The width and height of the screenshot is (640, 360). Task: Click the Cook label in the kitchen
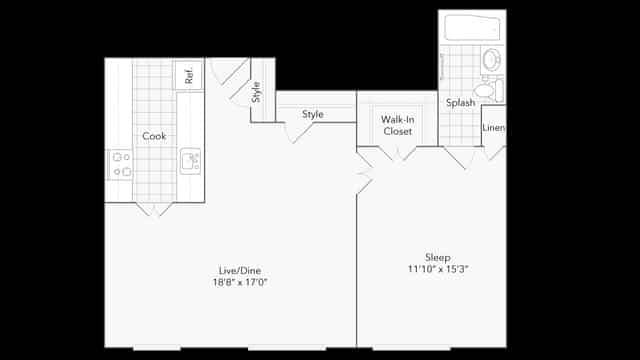point(153,136)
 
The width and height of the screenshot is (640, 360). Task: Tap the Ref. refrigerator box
point(188,75)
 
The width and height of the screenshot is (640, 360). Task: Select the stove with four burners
point(121,164)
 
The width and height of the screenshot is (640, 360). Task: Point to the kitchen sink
point(190,160)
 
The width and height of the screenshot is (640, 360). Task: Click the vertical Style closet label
point(256,92)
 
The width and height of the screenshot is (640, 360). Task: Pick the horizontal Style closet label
point(313,114)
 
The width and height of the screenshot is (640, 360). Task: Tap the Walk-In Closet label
point(398,125)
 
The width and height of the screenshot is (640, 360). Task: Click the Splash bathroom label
point(460,103)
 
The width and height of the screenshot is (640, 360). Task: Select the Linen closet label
point(493,128)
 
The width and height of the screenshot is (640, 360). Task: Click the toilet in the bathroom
point(486,90)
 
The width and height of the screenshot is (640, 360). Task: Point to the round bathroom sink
point(492,60)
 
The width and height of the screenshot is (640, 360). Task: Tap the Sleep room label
point(438,256)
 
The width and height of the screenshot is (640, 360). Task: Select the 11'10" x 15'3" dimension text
point(438,269)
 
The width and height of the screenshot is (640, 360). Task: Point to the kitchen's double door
point(154,208)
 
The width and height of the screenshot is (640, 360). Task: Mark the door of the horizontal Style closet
point(297,131)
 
